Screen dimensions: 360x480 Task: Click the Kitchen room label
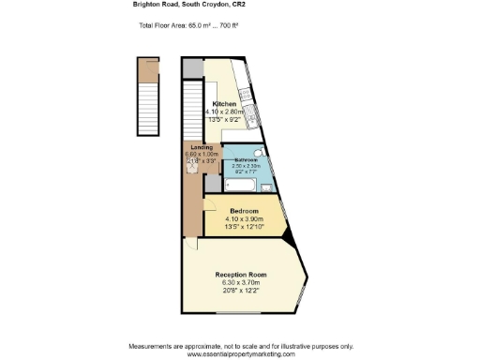tap(224, 103)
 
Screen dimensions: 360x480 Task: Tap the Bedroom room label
tap(244, 211)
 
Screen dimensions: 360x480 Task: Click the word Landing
tap(202, 148)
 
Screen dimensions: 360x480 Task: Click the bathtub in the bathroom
tap(241, 184)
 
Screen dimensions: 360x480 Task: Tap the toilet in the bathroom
tap(259, 153)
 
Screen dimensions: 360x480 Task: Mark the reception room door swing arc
tap(190, 244)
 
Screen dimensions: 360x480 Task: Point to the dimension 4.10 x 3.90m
tap(244, 219)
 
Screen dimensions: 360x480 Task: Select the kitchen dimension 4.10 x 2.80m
tap(224, 112)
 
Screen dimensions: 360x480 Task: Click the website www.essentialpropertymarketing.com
tap(241, 353)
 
